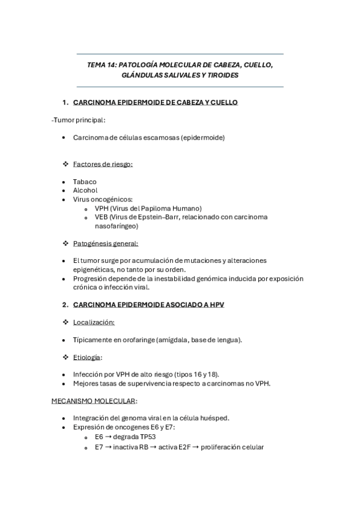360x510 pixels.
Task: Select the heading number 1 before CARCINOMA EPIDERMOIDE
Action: pos(65,103)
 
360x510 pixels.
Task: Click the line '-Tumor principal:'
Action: pos(78,120)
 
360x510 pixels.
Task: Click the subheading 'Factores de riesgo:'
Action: pos(103,164)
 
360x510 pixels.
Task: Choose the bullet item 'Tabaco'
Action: pos(85,181)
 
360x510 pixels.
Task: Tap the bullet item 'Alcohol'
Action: pos(85,190)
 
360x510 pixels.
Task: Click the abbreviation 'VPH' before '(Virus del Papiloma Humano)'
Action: pos(101,207)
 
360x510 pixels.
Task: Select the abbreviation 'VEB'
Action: pos(101,217)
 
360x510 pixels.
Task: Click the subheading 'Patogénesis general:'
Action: pos(105,243)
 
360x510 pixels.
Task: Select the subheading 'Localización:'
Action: pos(94,322)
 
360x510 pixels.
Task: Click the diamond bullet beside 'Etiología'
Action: pos(66,357)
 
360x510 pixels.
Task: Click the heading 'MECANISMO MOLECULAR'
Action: pos(93,401)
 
